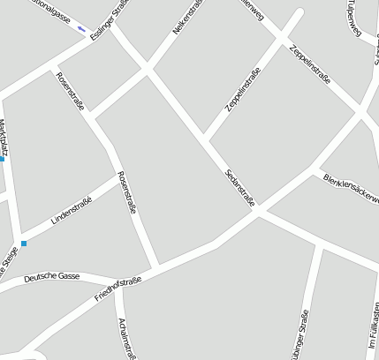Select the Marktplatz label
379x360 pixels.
(4, 139)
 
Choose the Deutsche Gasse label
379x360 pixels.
(51, 277)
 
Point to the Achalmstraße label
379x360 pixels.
(129, 337)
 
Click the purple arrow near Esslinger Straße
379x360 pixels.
(81, 28)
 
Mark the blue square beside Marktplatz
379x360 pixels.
(2, 159)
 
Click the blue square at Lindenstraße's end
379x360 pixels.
(24, 243)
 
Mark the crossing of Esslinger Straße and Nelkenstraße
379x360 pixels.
(147, 68)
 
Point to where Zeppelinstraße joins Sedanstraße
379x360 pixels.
(205, 139)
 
